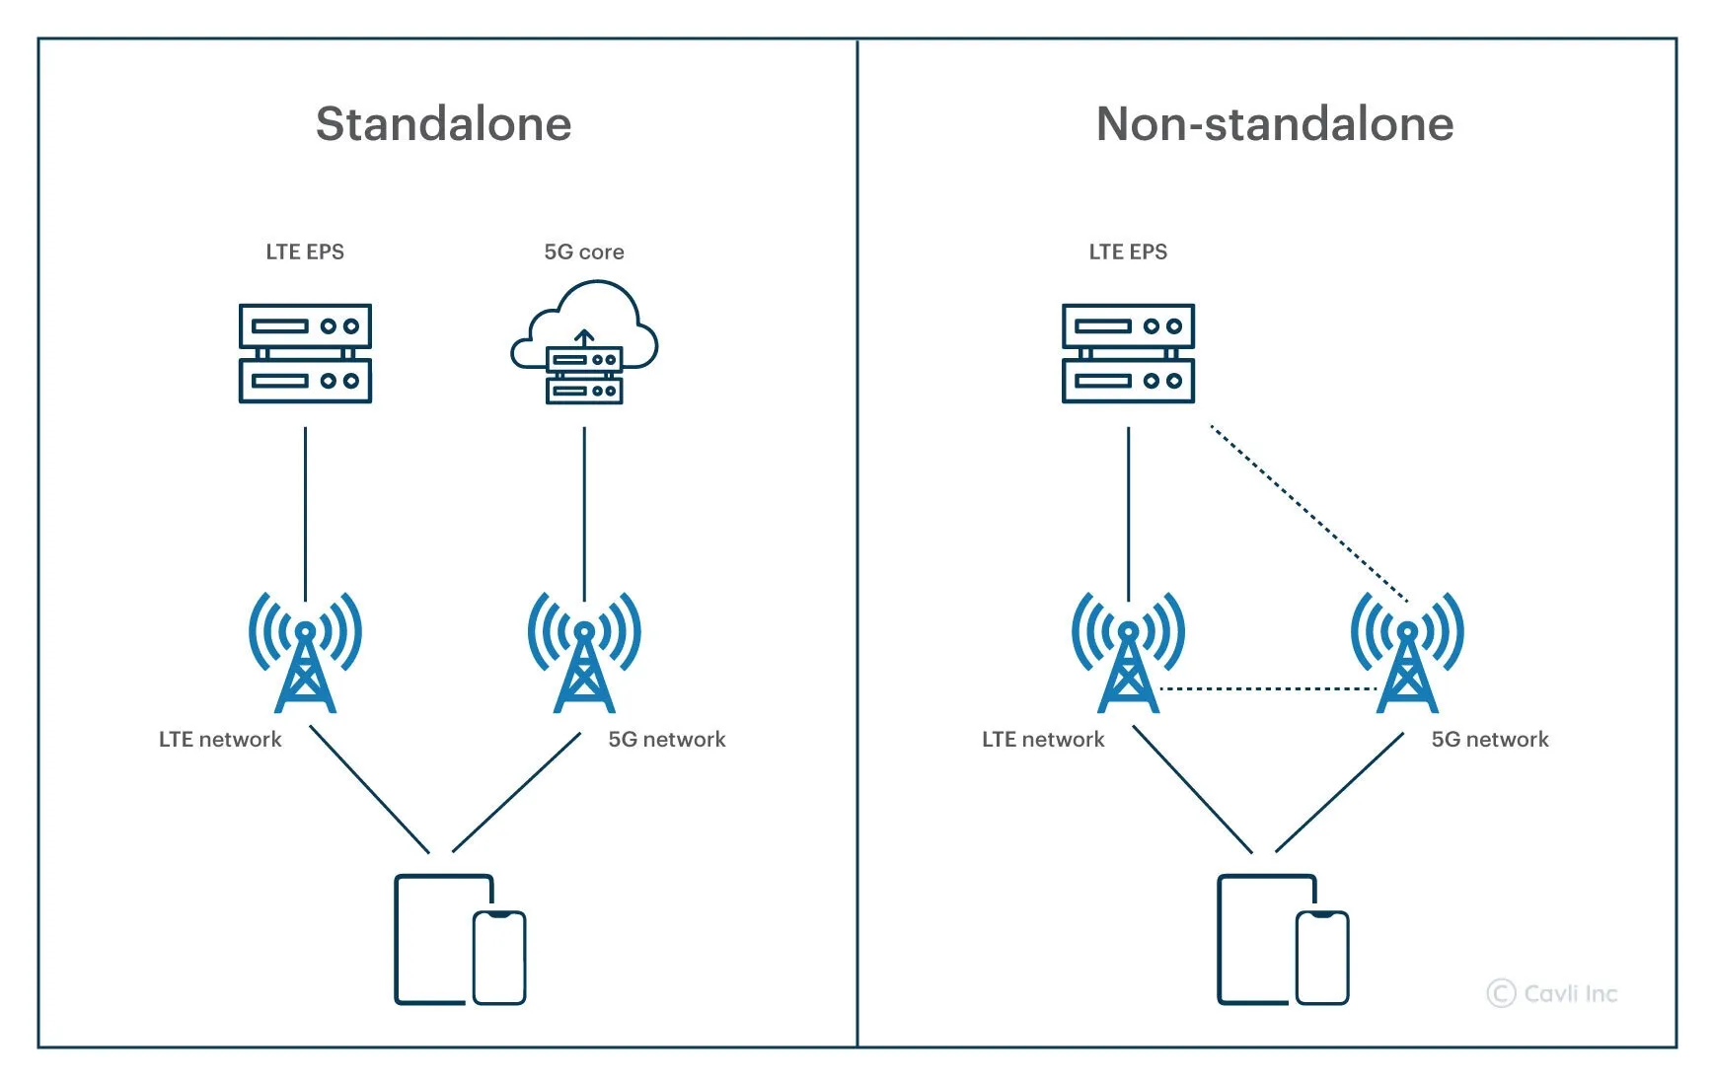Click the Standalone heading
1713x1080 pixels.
[443, 124]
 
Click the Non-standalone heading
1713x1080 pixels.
[1274, 124]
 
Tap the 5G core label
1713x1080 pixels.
[583, 252]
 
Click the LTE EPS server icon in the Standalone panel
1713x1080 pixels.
[305, 353]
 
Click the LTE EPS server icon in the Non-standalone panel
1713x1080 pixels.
[1128, 353]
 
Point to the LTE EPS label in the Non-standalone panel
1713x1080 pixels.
[1128, 252]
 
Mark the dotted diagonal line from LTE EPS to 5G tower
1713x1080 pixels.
[1307, 512]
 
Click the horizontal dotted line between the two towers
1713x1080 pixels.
[1268, 688]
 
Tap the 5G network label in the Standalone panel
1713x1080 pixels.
[666, 739]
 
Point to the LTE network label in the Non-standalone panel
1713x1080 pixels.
[1043, 739]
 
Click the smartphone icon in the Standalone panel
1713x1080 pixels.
[499, 958]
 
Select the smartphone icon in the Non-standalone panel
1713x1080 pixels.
[1322, 958]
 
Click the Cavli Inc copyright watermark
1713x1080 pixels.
[1552, 993]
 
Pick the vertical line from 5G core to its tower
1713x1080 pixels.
[584, 513]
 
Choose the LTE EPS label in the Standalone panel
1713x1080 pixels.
[305, 252]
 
